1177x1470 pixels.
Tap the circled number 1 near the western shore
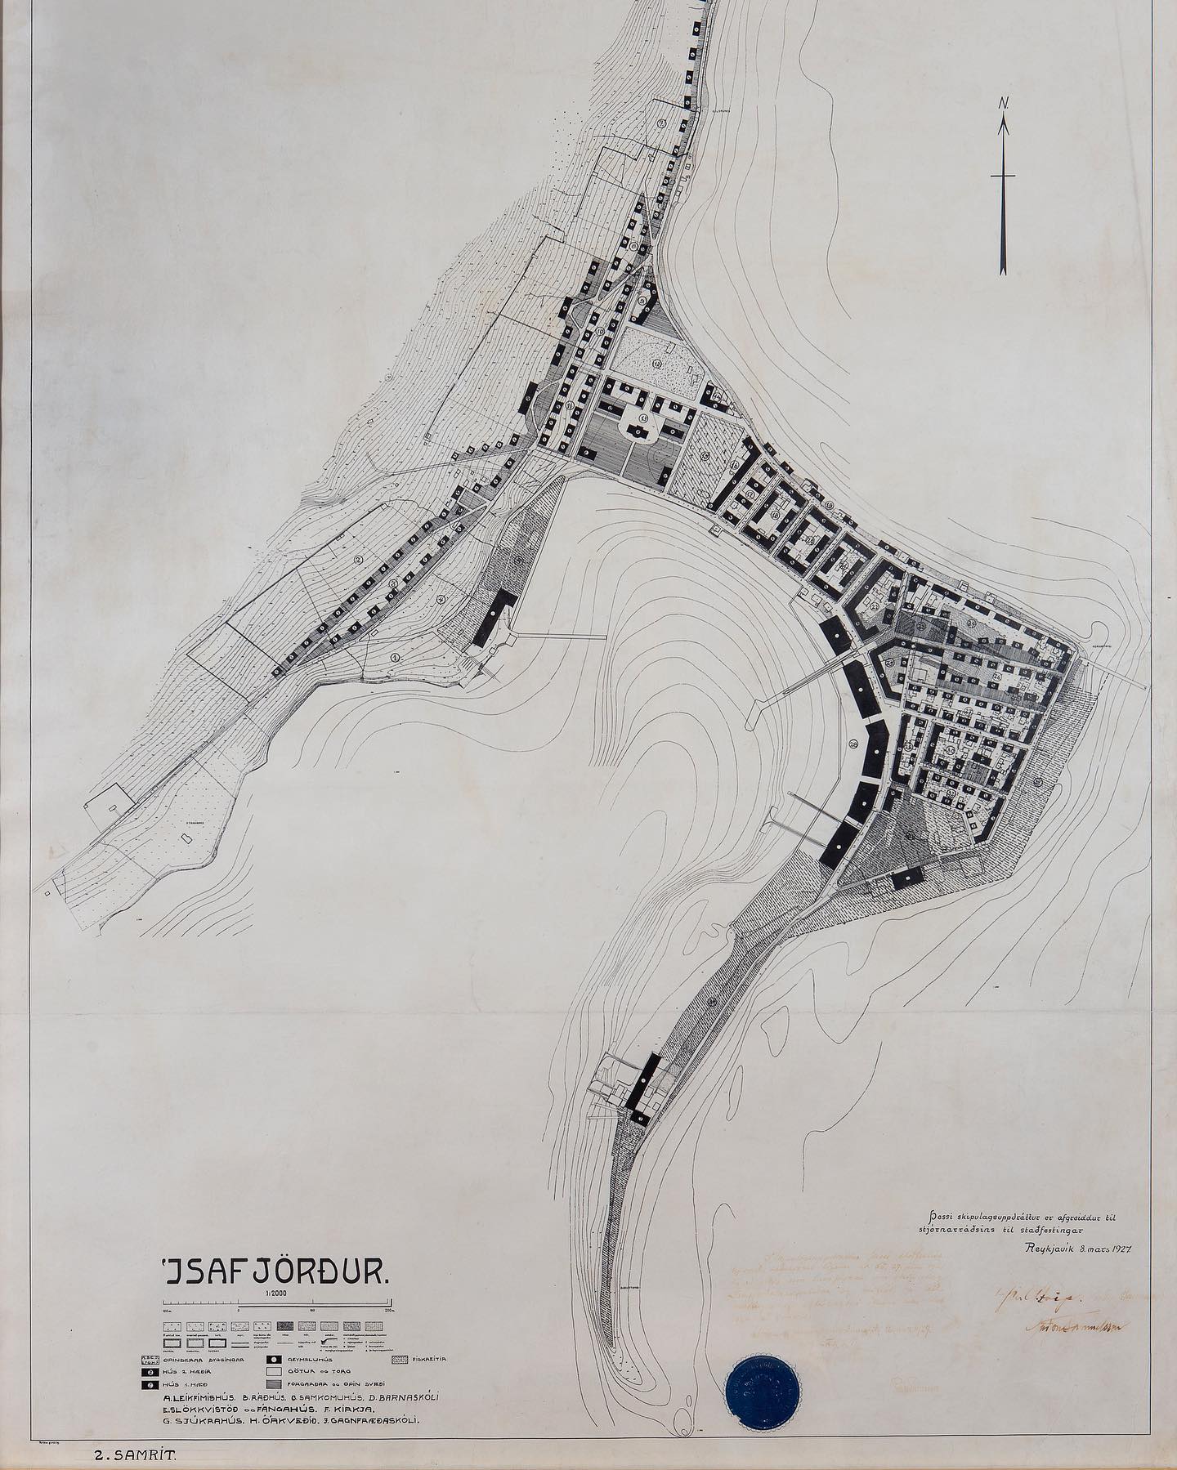pos(395,656)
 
